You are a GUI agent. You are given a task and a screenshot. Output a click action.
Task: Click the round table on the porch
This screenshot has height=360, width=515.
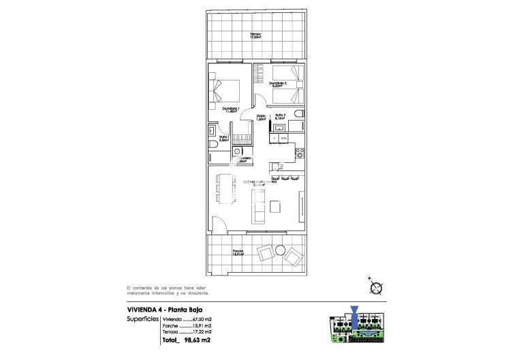[x=276, y=255]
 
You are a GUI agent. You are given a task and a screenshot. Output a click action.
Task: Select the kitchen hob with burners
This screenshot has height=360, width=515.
[x=298, y=155]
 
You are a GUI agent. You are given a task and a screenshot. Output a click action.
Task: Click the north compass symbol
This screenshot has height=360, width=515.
[x=374, y=288]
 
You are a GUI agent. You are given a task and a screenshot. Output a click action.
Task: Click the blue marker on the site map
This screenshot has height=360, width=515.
[x=356, y=315]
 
